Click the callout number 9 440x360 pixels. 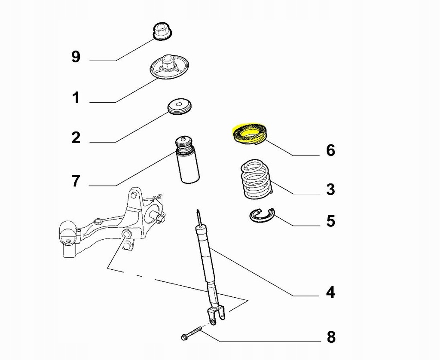tap(76, 57)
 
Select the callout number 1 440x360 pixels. tap(76, 98)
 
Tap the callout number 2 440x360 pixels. tap(76, 138)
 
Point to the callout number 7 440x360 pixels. tap(76, 181)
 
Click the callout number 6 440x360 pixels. tap(330, 150)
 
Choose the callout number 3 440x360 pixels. tap(330, 189)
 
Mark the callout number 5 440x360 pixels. tap(330, 221)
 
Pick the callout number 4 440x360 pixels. tap(330, 292)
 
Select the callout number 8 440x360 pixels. tap(330, 337)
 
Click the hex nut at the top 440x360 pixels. tap(162, 32)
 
